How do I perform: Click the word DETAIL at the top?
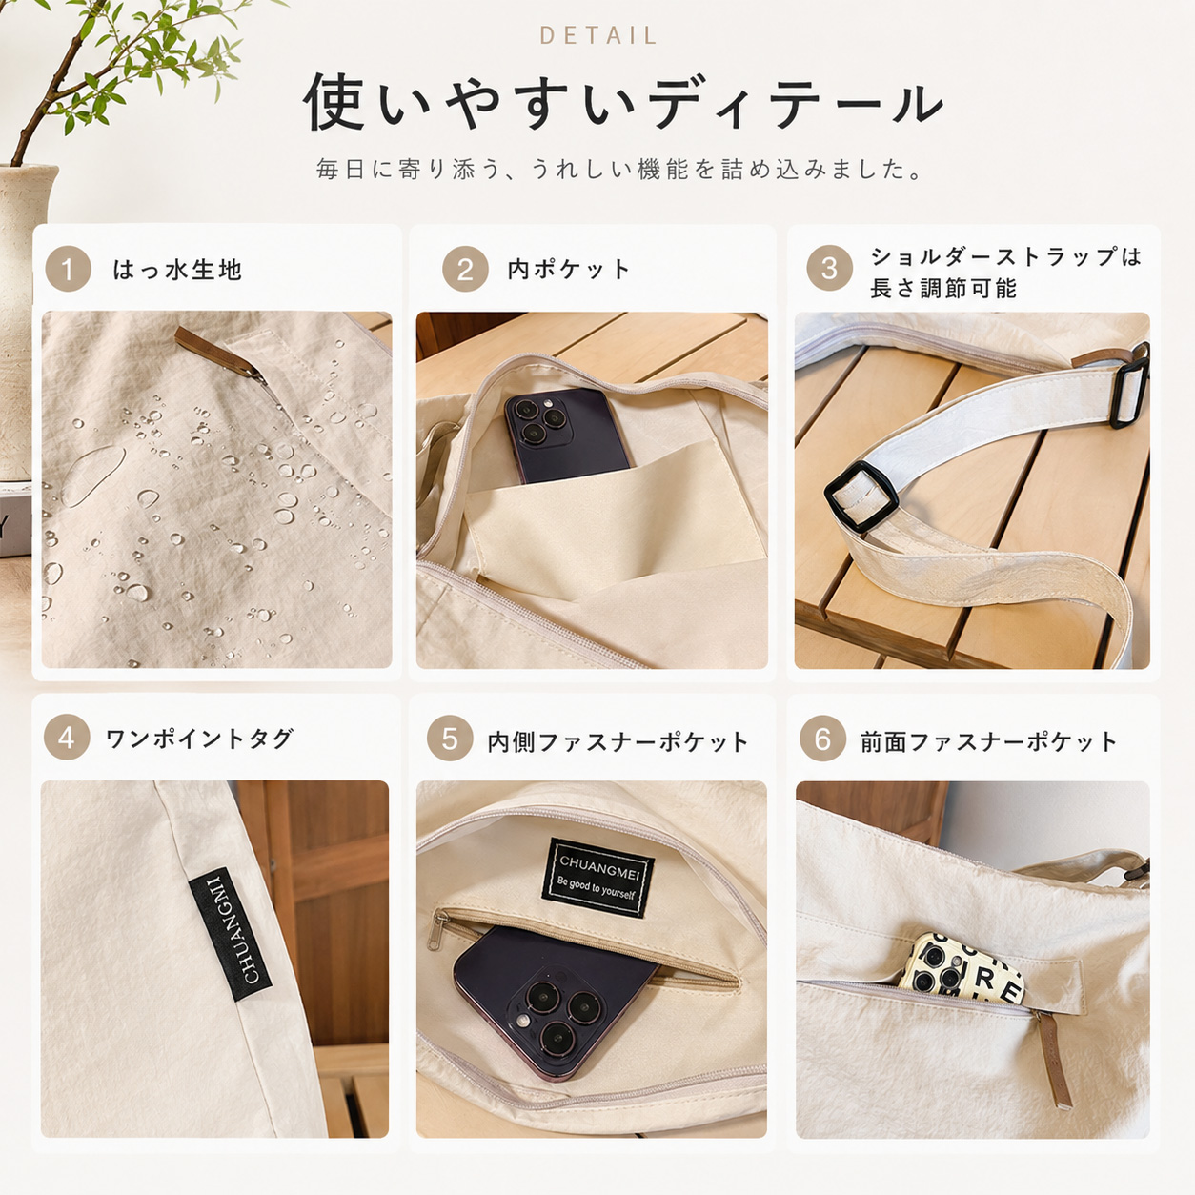(x=597, y=35)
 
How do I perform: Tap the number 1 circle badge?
(x=69, y=269)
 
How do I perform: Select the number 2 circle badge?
(x=465, y=269)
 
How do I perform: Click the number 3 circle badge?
(x=830, y=268)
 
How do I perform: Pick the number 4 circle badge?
(x=67, y=738)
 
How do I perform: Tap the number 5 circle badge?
(x=450, y=739)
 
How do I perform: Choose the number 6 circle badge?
(x=823, y=739)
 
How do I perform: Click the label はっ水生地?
(x=177, y=270)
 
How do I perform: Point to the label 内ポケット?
(x=569, y=269)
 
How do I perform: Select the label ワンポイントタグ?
(x=200, y=739)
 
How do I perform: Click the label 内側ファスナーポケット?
(x=618, y=741)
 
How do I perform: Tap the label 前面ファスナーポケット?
(x=989, y=741)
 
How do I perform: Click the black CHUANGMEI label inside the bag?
(x=597, y=878)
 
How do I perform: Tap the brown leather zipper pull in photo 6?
(x=1056, y=1059)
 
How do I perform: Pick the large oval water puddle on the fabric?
(x=94, y=476)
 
